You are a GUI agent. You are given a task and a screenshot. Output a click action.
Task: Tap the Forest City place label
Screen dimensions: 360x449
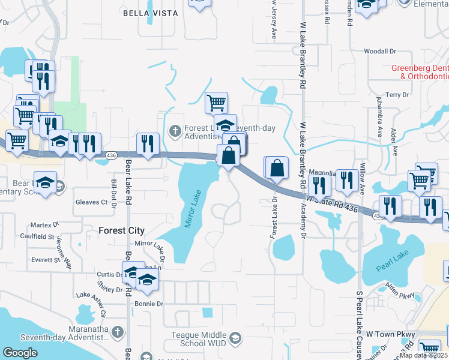[x=122, y=230]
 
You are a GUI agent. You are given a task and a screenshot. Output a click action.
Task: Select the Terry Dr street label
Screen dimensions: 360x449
[x=397, y=95]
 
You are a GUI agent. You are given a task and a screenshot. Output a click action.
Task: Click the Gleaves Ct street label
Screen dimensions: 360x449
[x=91, y=202]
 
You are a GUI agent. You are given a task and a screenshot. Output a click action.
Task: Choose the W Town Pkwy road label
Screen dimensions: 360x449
[x=390, y=334]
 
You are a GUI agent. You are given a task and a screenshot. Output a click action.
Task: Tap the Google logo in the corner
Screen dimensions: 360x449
[x=20, y=352]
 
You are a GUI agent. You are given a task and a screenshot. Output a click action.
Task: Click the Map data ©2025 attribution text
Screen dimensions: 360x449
[x=424, y=355]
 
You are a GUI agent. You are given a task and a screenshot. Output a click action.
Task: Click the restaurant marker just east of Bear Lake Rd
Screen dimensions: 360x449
[x=148, y=143]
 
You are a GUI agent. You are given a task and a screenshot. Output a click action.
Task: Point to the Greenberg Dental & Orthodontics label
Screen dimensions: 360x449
[x=420, y=72]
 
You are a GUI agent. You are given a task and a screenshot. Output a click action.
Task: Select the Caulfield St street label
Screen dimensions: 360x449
[x=37, y=237]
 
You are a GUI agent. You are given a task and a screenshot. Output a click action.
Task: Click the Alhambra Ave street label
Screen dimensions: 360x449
[x=379, y=120]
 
